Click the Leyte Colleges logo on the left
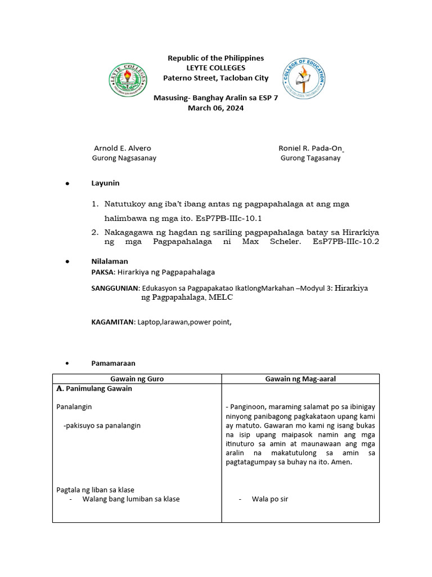129,78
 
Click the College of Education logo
304,78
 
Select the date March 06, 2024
215,108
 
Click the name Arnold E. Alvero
122,148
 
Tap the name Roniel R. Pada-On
310,148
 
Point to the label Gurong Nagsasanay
124,158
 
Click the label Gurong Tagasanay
310,158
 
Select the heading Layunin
105,183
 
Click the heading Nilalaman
110,261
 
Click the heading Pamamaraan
113,363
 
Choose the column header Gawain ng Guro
137,379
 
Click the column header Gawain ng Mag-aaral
300,379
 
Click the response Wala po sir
270,499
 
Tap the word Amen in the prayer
341,462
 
